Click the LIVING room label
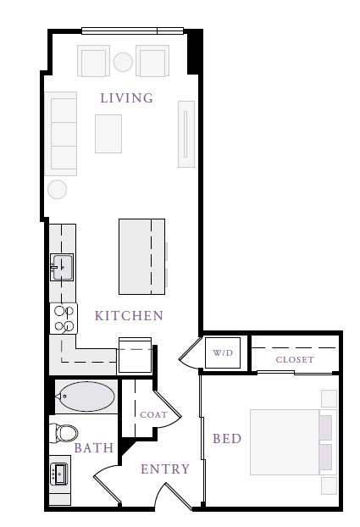[127, 97]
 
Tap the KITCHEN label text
[129, 315]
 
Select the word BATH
[94, 447]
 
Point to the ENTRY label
[165, 469]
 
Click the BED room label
[227, 439]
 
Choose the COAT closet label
[153, 415]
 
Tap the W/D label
[223, 353]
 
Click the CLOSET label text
[295, 359]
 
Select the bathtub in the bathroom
[86, 397]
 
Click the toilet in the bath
[64, 433]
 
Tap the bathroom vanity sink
[58, 474]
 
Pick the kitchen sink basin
[62, 267]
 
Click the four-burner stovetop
[64, 319]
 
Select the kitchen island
[141, 257]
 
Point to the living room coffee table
[108, 134]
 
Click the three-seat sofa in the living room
[61, 134]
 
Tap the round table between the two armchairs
[123, 62]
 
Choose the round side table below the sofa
[57, 190]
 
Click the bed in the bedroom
[293, 442]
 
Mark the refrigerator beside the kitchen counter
[136, 356]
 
